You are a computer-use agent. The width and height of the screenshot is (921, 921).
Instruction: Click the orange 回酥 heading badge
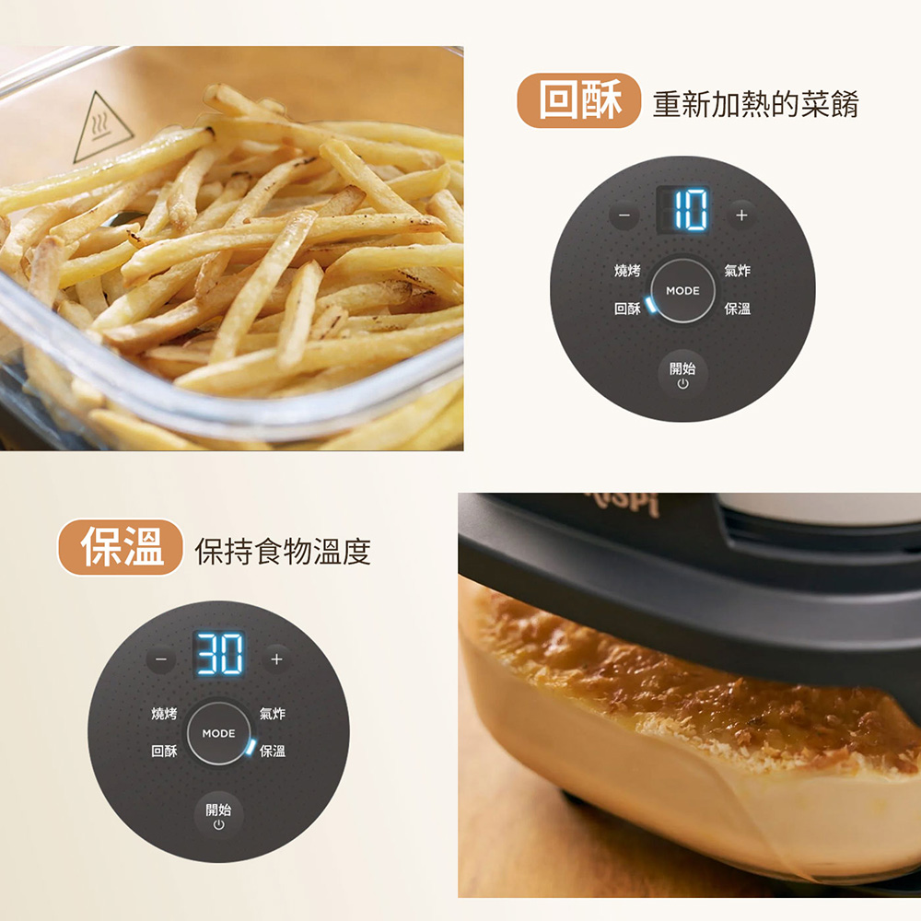coord(578,100)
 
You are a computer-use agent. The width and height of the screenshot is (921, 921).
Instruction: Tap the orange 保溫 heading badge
coord(121,547)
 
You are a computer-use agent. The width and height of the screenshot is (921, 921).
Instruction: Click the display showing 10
coord(683,210)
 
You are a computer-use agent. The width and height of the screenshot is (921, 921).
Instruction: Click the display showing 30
coord(219,654)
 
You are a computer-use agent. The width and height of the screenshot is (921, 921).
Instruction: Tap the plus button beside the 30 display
coord(276,659)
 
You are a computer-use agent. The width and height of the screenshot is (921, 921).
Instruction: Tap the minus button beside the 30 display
coord(161,659)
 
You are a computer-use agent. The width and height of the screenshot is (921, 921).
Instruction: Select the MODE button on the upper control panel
coord(682,290)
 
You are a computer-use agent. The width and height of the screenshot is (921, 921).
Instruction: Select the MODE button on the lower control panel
coord(218,733)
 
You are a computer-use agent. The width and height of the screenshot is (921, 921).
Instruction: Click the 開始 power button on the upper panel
coord(682,375)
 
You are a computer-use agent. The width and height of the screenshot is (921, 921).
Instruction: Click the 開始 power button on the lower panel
coord(218,816)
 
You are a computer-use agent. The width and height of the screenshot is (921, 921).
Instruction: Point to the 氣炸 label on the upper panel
coord(737,270)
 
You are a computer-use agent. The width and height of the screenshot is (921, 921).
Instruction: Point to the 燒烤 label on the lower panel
coord(164,713)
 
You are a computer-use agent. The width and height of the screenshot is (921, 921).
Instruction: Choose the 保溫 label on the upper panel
coord(737,309)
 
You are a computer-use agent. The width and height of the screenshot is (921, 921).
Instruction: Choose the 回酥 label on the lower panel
coord(164,751)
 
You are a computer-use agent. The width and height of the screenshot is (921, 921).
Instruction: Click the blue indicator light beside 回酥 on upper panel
coord(649,304)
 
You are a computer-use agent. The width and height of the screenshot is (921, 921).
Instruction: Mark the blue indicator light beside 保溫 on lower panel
coord(251,747)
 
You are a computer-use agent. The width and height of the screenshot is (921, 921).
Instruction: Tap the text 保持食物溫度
coord(283,551)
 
